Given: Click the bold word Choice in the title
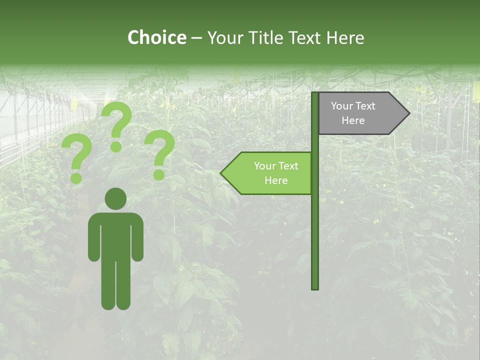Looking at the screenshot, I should (x=156, y=37).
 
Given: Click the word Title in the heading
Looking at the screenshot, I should (x=267, y=38).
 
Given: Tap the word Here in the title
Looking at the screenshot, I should (x=344, y=38).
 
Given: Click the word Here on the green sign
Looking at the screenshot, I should (x=276, y=180).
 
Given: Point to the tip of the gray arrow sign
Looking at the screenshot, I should (x=408, y=113).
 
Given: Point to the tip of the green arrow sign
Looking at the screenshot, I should (x=221, y=173).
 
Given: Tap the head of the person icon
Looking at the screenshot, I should (x=115, y=198).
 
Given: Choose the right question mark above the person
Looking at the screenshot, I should (x=159, y=153).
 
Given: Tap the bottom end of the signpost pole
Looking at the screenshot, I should (x=315, y=287).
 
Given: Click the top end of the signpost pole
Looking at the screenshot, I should (x=315, y=94).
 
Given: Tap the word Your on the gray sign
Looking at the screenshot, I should (x=341, y=106).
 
